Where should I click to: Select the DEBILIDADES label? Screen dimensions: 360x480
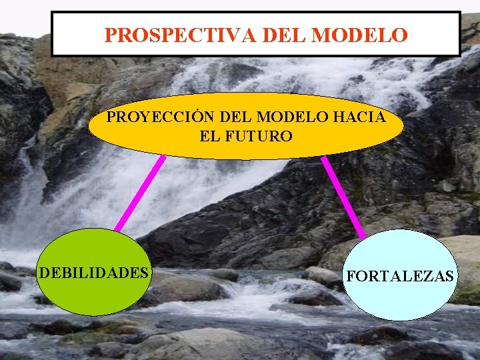pos(93,273)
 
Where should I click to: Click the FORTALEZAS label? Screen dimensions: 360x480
pos(399,276)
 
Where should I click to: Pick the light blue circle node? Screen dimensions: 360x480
pos(399,300)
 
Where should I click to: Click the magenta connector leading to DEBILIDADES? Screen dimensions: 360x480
pos(140,193)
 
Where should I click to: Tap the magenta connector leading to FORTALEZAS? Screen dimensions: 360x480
pos(343,197)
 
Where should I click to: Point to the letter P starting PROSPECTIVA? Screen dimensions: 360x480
pos(111,34)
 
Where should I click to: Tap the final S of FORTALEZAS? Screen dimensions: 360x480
pos(449,276)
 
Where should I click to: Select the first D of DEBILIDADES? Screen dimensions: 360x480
pos(43,273)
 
